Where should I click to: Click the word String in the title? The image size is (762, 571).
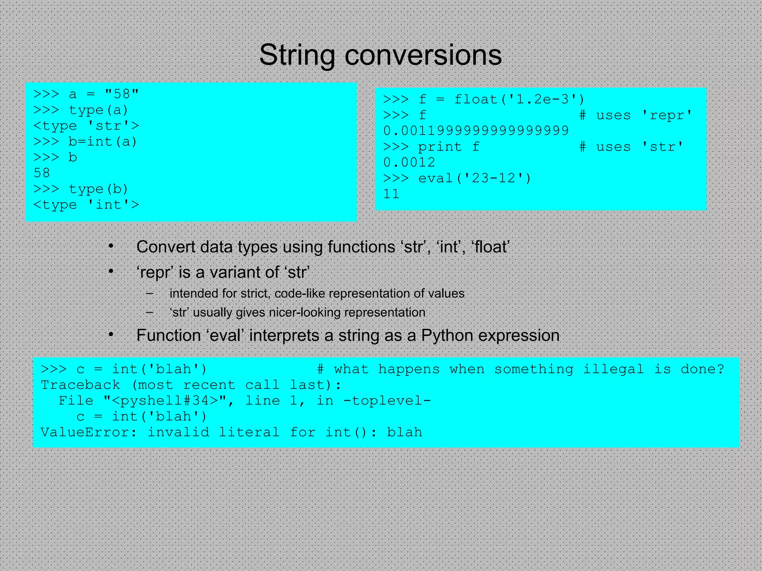(x=297, y=55)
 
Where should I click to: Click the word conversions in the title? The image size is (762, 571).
(x=423, y=55)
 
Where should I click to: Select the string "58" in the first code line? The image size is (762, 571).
(x=122, y=94)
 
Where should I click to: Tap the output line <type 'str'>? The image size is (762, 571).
(x=86, y=126)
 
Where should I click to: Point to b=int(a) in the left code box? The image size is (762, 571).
(x=103, y=142)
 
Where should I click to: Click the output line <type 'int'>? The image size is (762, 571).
(x=86, y=205)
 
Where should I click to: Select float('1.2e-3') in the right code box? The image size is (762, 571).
(x=519, y=99)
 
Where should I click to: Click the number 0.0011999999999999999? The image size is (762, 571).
(x=476, y=130)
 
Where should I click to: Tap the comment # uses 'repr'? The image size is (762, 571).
(x=635, y=115)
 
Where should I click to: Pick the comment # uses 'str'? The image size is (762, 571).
(x=631, y=147)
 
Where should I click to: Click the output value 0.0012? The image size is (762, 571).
(x=409, y=162)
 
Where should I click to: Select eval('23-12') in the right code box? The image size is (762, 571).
(x=475, y=178)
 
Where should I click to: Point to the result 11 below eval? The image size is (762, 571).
(x=391, y=194)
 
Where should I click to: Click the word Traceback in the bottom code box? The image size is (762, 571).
(x=80, y=385)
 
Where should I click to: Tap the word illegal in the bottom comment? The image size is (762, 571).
(x=613, y=369)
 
